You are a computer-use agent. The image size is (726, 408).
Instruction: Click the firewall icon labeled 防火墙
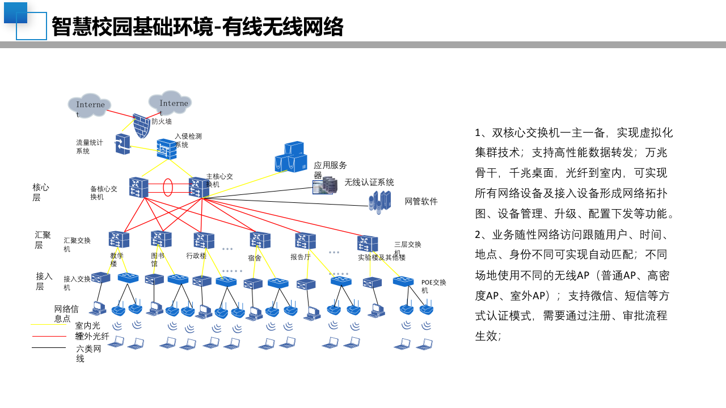tap(141, 125)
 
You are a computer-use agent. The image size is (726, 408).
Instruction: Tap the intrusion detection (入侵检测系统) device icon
tap(166, 148)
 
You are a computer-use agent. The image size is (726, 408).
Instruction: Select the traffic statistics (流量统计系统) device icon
tap(123, 144)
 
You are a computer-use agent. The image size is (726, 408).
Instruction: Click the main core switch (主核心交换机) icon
tap(199, 187)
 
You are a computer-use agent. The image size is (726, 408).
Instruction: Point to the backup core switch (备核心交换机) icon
tap(138, 187)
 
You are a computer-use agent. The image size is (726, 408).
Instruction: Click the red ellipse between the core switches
tap(168, 188)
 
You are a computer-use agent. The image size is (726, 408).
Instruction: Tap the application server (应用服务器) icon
tap(291, 157)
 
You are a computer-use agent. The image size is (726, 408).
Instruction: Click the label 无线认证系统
tap(369, 182)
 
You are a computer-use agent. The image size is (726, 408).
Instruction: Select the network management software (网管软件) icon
tap(379, 201)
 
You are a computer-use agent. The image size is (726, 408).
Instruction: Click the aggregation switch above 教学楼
tap(119, 239)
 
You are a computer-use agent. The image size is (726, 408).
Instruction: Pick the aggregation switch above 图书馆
tap(161, 239)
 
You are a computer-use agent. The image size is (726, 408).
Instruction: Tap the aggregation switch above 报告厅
tap(305, 240)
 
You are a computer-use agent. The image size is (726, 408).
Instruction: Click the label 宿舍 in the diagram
tap(255, 258)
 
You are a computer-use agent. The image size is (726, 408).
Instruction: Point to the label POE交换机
tap(433, 286)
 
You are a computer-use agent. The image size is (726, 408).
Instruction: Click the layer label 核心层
tap(40, 192)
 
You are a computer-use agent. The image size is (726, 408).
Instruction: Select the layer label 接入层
tap(44, 281)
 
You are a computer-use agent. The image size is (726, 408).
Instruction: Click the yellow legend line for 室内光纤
tap(49, 325)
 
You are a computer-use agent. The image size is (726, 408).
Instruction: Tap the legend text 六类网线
tap(88, 354)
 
